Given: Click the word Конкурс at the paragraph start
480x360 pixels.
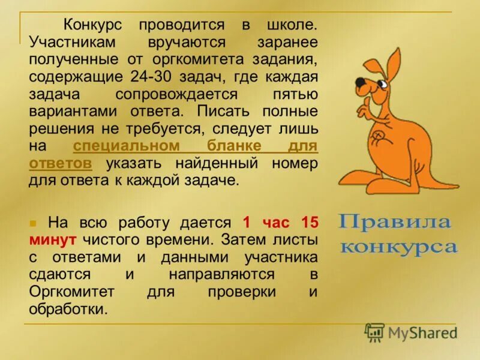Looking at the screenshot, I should (x=93, y=26).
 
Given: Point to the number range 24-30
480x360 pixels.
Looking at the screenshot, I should (x=152, y=77).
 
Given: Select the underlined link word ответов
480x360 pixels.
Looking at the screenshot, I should (x=60, y=164).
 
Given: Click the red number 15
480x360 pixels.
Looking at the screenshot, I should (x=308, y=223).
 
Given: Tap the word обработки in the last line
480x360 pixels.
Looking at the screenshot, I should (x=68, y=309).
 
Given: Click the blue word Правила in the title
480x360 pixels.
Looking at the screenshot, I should (x=394, y=223).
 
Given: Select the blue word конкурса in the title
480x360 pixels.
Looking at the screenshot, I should (x=398, y=247).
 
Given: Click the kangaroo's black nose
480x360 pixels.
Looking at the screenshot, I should (x=359, y=82).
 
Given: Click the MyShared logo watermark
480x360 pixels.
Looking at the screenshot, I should (x=412, y=332).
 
